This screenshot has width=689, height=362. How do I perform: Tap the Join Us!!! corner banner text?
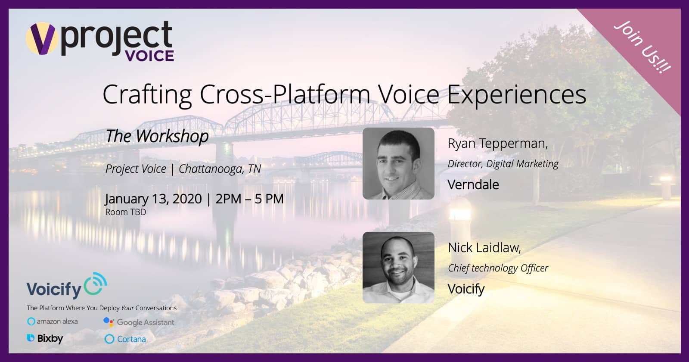click(x=642, y=47)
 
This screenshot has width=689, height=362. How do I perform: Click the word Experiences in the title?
click(x=517, y=94)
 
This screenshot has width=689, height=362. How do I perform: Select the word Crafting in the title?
click(x=147, y=95)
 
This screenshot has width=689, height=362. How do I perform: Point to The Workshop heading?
click(x=157, y=136)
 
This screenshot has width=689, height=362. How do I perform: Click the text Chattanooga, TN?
click(x=220, y=169)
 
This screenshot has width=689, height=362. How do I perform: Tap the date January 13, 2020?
click(x=153, y=199)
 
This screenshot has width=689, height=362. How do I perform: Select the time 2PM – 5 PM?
click(x=249, y=199)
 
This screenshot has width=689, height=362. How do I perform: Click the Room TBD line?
click(x=125, y=212)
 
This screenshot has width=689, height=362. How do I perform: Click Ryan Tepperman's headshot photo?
click(x=398, y=163)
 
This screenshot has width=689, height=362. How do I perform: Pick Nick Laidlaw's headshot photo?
click(x=398, y=268)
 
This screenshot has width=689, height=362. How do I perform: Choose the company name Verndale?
click(x=473, y=185)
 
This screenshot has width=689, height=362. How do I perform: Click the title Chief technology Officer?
click(x=498, y=268)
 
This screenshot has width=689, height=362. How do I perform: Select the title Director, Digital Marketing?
click(x=503, y=164)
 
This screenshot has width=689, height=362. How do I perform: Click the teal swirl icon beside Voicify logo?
click(x=96, y=284)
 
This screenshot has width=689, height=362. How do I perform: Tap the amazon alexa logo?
click(x=52, y=321)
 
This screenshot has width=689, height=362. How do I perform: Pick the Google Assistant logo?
click(x=139, y=322)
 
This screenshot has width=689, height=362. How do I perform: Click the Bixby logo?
click(x=45, y=338)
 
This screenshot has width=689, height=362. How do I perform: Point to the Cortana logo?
click(x=125, y=339)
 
